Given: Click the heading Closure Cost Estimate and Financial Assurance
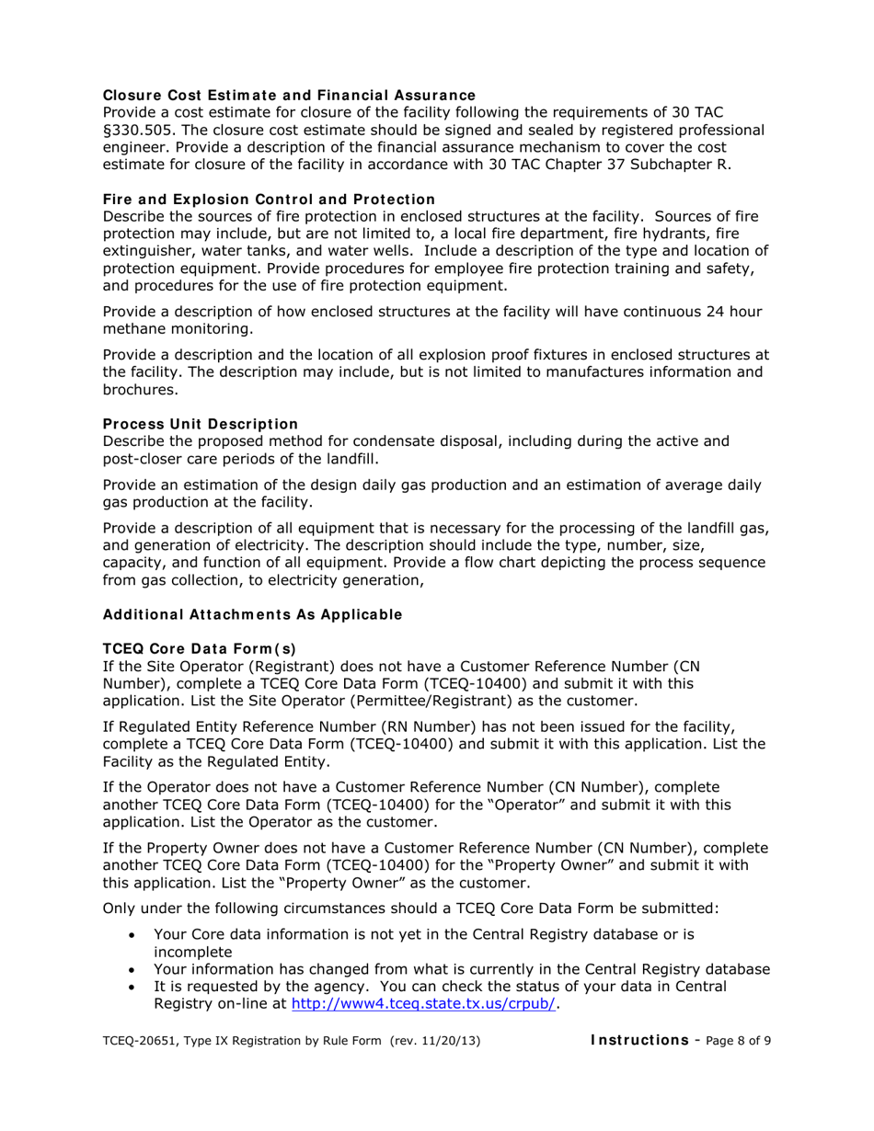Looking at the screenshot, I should click(289, 96).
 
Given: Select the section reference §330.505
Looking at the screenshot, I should click(143, 130).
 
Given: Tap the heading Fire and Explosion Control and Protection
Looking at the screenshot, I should click(269, 200).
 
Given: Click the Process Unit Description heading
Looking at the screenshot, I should click(200, 424).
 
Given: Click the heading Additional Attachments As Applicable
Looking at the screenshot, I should click(252, 614).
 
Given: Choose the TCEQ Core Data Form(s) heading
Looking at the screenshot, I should click(200, 649).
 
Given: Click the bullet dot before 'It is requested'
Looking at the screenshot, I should click(134, 987).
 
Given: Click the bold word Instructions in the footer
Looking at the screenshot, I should click(638, 1040).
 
